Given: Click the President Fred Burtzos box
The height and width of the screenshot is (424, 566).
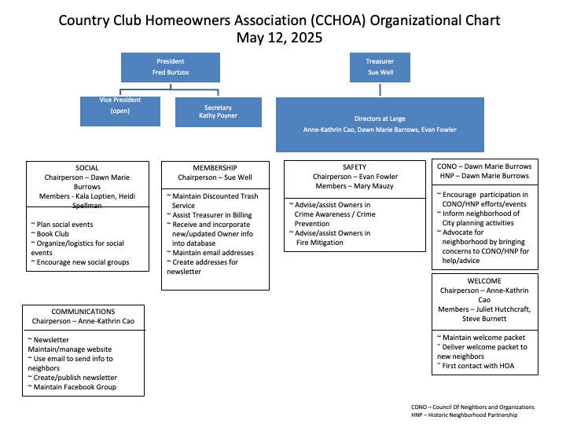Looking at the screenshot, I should coord(171,67).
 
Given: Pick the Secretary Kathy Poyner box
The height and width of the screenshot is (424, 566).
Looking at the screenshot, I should coord(217,111).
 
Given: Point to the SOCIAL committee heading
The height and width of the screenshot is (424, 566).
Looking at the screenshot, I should coord(86,168).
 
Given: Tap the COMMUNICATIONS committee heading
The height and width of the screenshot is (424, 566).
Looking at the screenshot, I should coord(83,312).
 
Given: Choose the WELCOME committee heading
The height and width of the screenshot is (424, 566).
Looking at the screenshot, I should coord(484,280).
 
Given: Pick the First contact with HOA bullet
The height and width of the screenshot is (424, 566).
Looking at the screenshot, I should coord(476,366).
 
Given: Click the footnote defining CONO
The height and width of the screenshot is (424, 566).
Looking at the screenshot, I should coord(472,407).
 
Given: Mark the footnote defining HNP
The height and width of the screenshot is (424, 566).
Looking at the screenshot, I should coord(463,415).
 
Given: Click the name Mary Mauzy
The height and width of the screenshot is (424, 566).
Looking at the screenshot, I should coord(358,186).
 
